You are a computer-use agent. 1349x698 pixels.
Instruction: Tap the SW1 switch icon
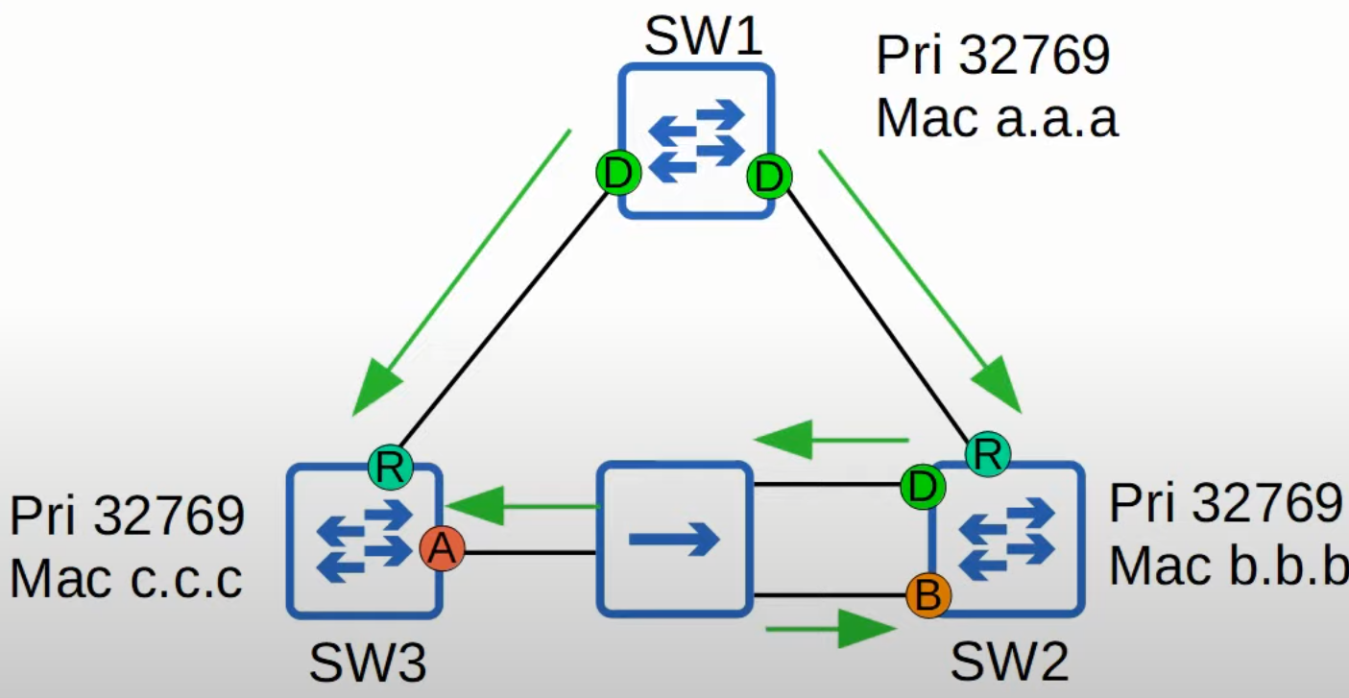[x=695, y=141]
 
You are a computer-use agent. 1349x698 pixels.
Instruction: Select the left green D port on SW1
[x=618, y=175]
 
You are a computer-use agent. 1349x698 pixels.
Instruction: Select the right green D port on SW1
[x=769, y=177]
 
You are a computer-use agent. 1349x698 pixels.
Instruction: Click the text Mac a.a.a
[x=997, y=119]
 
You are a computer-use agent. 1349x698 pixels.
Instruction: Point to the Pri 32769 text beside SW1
[x=993, y=57]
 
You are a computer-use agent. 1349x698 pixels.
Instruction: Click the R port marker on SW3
[x=390, y=469]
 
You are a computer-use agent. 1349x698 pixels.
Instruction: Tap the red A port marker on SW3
[x=442, y=549]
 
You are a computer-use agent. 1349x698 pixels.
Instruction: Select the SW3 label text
[x=368, y=662]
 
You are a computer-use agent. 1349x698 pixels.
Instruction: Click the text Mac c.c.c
[x=126, y=580]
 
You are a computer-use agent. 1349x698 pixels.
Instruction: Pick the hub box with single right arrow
[x=674, y=539]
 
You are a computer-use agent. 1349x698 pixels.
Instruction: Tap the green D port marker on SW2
[x=923, y=487]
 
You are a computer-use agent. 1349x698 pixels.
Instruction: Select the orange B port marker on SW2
[x=927, y=596]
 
